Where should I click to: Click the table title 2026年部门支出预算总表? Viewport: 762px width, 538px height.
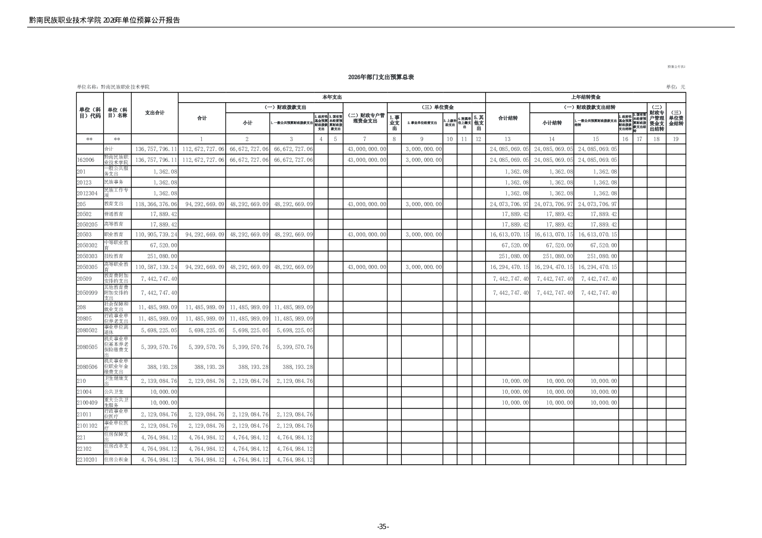click(x=381, y=77)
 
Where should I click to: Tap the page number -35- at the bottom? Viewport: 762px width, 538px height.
click(x=383, y=526)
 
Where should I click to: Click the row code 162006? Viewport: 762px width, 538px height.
click(x=86, y=160)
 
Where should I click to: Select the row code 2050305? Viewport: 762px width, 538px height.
click(x=87, y=267)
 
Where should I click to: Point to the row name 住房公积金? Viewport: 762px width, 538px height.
click(x=116, y=460)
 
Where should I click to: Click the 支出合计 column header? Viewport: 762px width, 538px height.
click(x=155, y=113)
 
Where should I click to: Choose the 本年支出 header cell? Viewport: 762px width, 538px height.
click(x=332, y=97)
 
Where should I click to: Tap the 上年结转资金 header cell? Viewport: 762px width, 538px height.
click(x=586, y=97)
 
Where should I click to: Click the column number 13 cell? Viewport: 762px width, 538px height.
click(x=507, y=139)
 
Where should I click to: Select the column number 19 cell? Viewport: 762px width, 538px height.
click(x=676, y=139)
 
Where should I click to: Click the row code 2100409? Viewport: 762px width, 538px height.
click(x=87, y=403)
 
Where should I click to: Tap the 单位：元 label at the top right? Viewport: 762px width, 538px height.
click(x=676, y=87)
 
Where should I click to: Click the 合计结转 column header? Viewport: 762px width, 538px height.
click(x=507, y=118)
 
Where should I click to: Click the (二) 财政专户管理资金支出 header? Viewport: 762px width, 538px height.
click(x=365, y=118)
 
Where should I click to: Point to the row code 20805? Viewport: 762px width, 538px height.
click(x=84, y=319)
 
